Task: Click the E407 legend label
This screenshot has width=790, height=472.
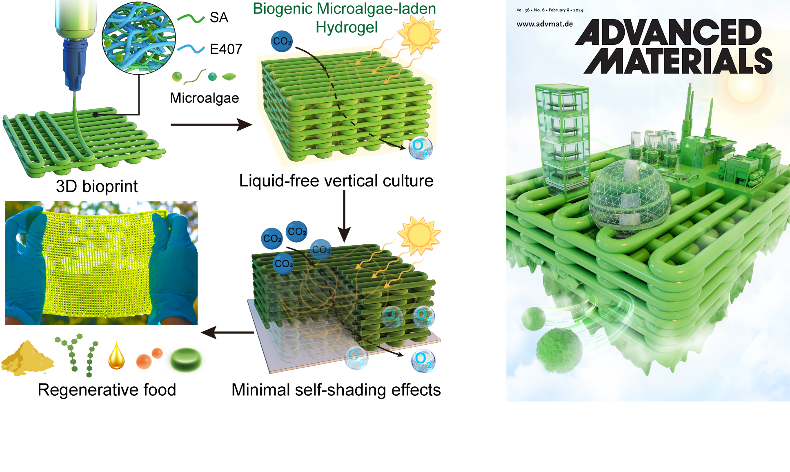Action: tap(226, 49)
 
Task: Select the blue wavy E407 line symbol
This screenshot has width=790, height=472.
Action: tap(191, 49)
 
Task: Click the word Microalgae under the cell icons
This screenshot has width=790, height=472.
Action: tap(204, 98)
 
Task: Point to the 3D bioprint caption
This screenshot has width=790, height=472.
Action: tap(97, 186)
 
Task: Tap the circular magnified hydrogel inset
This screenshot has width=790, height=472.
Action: tap(139, 38)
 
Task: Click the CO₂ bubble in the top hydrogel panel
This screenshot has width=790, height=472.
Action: tap(282, 41)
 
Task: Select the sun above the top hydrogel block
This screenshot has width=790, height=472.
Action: tap(419, 35)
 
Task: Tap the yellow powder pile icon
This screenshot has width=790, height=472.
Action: tap(27, 358)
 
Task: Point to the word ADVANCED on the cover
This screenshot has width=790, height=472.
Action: tap(668, 32)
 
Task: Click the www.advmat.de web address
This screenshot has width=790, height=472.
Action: tap(545, 24)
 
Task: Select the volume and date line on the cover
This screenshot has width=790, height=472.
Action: tap(550, 10)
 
